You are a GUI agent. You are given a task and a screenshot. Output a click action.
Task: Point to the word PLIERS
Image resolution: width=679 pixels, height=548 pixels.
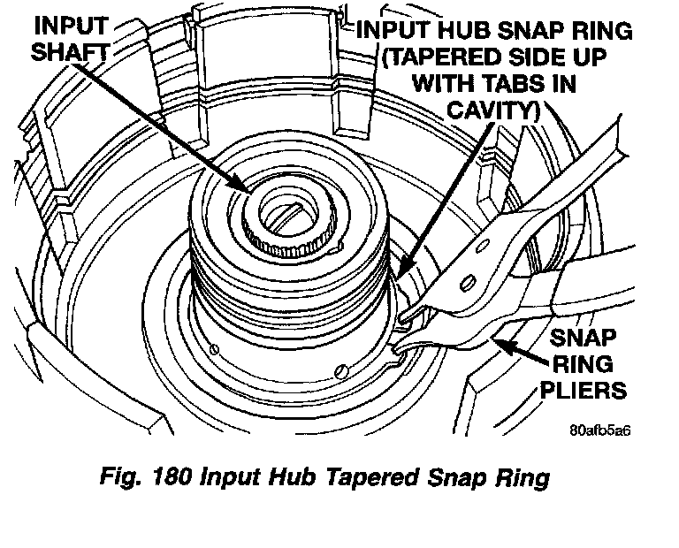pyautogui.click(x=591, y=389)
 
